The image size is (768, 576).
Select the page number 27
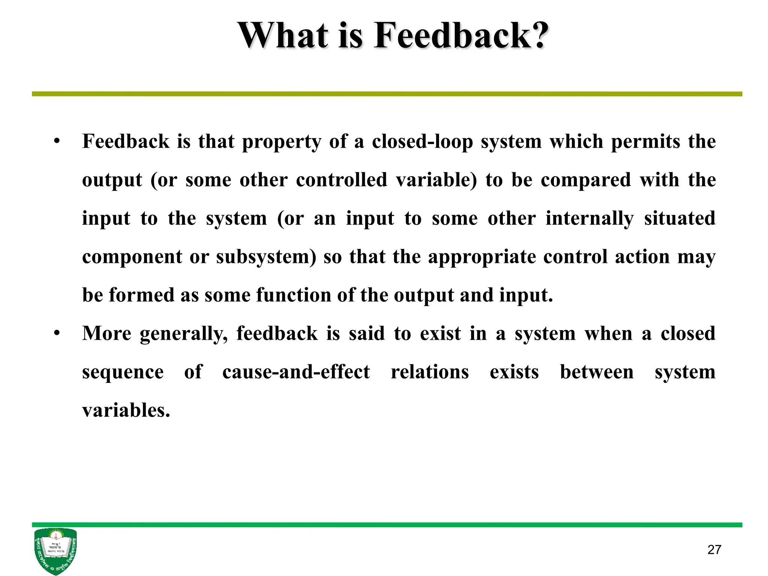pos(714,550)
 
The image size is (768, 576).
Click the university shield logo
pos(55,550)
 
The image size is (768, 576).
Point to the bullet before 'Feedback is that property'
pos(57,141)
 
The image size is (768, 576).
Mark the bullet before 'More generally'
pos(57,333)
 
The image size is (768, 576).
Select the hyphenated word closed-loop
pos(422,142)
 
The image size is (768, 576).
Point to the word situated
pos(679,218)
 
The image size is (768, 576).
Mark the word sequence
pos(123,372)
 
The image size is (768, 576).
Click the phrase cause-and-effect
pos(296,372)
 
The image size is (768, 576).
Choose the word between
pos(597,372)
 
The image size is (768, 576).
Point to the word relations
pos(430,372)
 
